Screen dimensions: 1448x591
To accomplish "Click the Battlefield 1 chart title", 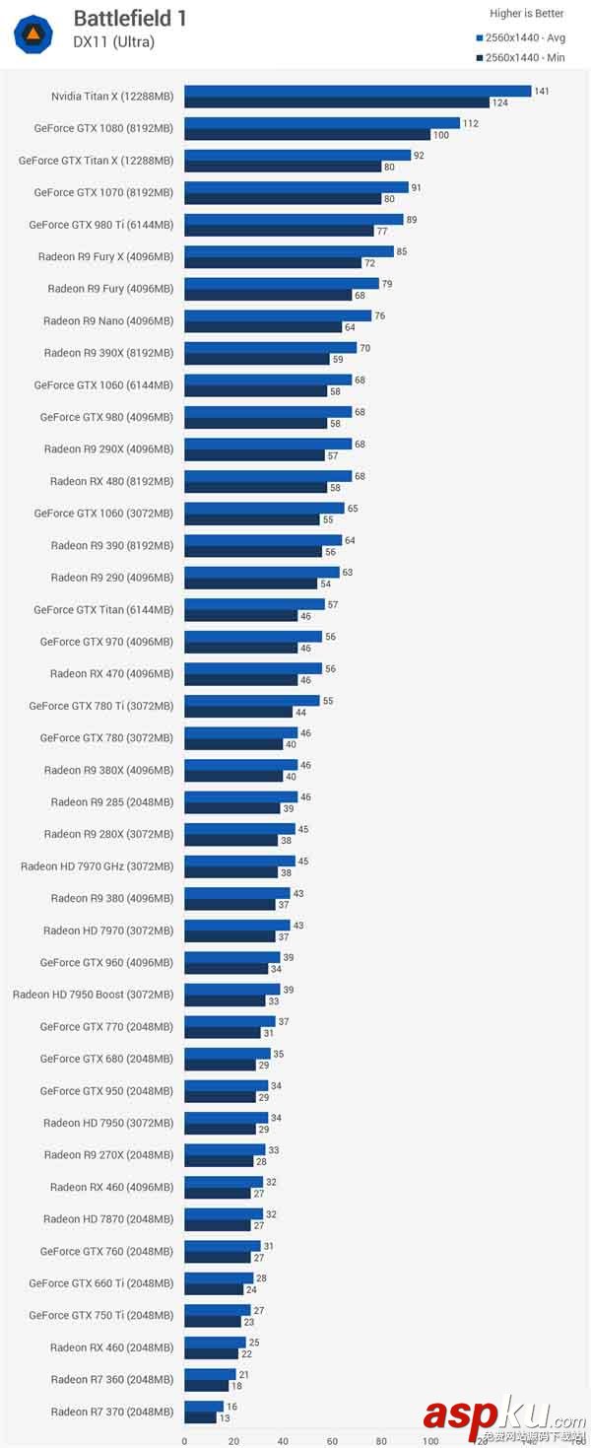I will (129, 18).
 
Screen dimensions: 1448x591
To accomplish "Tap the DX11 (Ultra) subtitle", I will (113, 41).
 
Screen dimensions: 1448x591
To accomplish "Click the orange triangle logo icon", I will (33, 34).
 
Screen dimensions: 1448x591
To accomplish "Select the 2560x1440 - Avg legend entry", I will (523, 37).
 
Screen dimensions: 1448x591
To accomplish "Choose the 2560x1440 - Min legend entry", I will (523, 57).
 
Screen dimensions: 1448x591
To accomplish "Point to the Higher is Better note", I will (527, 14).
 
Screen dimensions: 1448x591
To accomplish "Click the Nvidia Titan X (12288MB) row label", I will (112, 96).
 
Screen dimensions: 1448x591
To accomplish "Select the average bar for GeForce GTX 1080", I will (321, 123).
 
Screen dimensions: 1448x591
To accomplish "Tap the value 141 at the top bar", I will (541, 91).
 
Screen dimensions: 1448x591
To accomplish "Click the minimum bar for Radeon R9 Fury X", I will (273, 263).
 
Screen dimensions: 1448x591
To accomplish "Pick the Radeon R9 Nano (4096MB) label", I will (108, 320).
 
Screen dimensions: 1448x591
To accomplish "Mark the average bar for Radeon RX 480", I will (268, 476).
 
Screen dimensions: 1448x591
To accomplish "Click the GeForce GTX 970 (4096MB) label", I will (106, 642).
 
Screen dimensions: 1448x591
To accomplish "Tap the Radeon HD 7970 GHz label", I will (97, 866).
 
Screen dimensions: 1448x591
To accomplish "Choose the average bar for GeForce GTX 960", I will (232, 957).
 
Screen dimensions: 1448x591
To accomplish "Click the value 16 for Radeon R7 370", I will (232, 1407).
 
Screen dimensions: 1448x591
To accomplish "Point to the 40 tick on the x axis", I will (283, 1440).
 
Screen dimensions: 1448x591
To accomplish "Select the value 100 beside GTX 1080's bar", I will (440, 135).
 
